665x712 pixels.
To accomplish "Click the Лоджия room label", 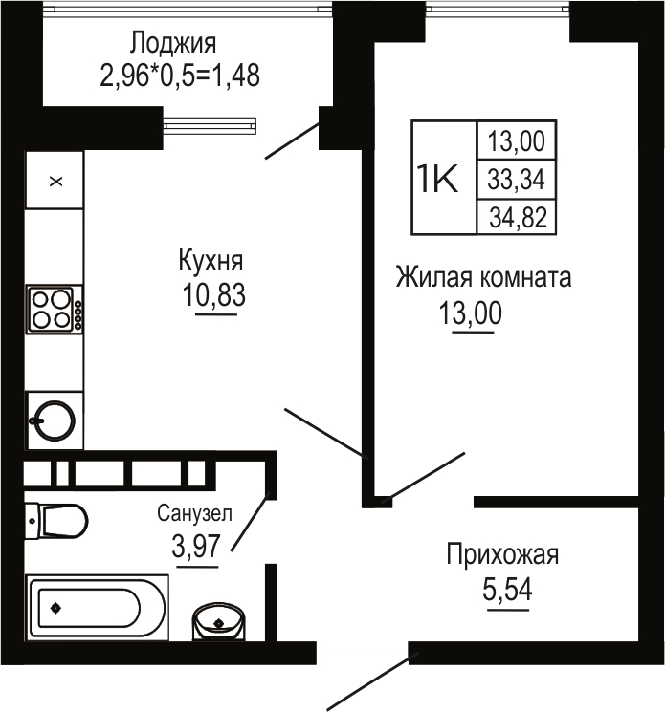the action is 173,44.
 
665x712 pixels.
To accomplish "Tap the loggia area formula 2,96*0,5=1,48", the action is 180,75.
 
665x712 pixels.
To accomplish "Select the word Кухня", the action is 211,261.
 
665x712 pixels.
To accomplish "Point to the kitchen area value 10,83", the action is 213,294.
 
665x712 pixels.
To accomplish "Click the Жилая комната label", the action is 483,277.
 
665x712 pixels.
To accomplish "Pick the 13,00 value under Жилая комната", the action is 471,313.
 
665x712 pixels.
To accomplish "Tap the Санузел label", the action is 194,513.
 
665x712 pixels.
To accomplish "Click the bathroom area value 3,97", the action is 196,546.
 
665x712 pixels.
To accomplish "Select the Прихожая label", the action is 502,555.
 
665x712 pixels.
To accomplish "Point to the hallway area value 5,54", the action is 507,590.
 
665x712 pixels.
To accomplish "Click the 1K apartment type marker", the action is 437,179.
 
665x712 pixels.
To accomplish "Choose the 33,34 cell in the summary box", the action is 516,179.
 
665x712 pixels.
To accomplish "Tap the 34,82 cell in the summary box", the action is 518,218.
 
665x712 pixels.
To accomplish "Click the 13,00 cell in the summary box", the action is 516,140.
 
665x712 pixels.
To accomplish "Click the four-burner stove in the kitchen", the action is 55,310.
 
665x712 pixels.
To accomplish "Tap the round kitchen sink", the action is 54,421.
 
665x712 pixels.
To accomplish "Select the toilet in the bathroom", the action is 55,520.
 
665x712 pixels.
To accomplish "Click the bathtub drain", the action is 55,608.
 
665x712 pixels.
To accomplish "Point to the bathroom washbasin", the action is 219,621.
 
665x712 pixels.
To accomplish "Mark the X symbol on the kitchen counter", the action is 55,182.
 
